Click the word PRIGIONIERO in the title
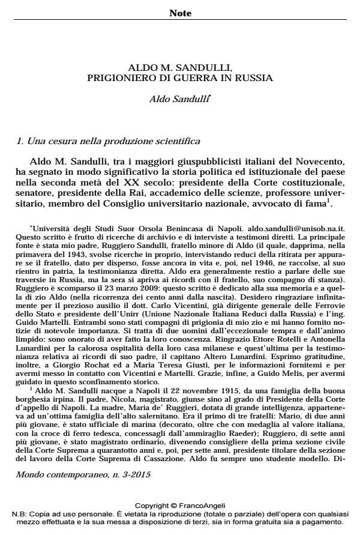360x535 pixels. [118, 77]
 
